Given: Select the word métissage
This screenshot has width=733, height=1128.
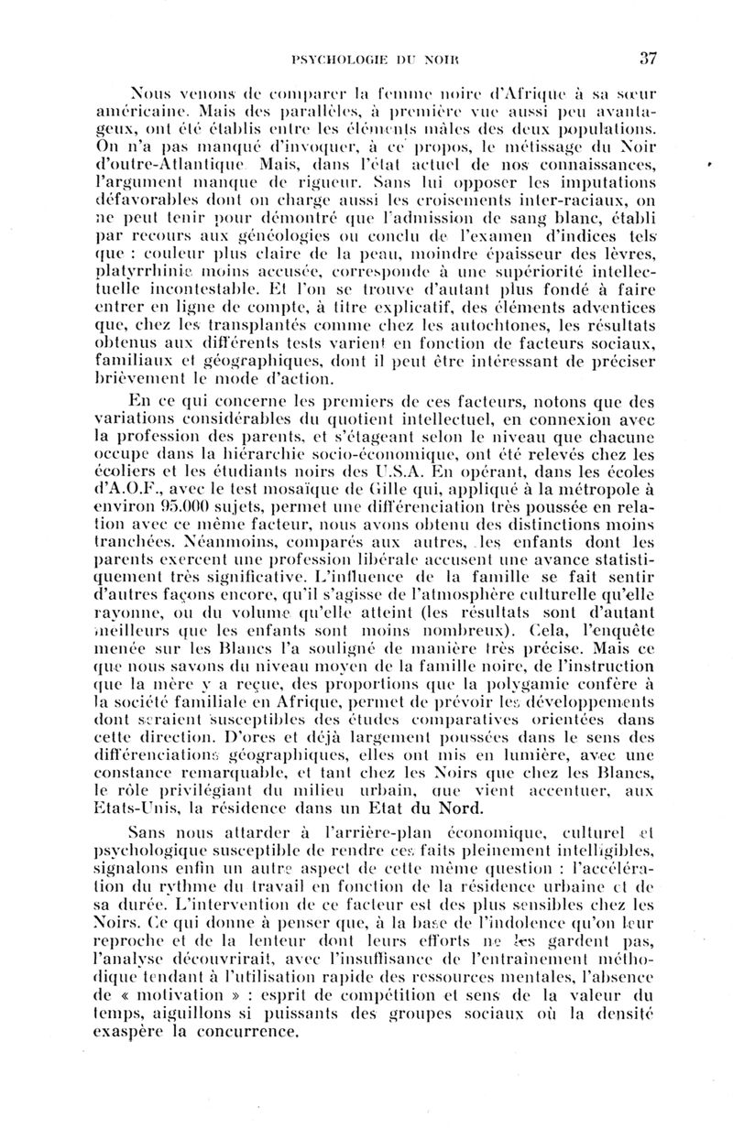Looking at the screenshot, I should pyautogui.click(x=537, y=147).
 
